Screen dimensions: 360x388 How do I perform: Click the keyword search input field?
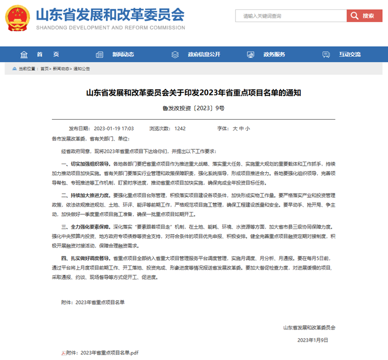[291, 16]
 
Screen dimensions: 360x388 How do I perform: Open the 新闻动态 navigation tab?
[123, 54]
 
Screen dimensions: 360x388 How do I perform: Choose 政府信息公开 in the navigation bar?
[204, 54]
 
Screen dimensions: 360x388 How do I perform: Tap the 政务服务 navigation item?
[274, 54]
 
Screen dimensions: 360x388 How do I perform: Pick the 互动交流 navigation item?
[349, 54]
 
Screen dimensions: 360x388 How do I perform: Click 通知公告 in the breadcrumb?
[82, 69]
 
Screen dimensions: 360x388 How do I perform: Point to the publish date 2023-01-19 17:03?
[114, 128]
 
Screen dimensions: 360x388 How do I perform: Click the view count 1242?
[180, 128]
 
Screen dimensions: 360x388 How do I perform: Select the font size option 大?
[235, 128]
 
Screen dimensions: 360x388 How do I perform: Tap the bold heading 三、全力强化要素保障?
[86, 227]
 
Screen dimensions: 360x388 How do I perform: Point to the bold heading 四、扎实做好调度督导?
[86, 259]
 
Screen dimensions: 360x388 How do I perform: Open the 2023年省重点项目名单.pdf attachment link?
[103, 353]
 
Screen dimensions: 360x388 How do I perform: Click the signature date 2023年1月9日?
[313, 340]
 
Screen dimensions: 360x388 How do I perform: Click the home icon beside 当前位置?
[14, 69]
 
